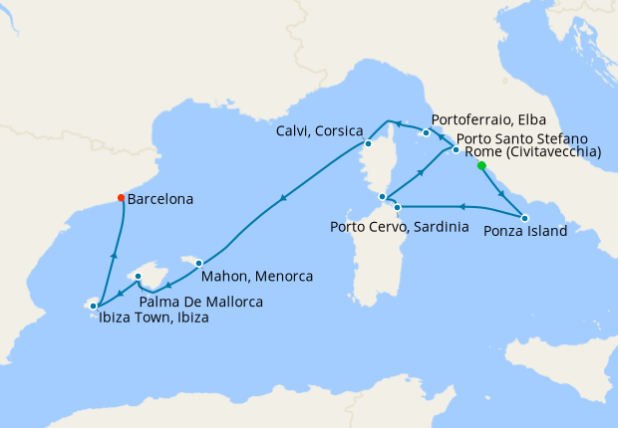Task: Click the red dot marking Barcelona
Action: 122,197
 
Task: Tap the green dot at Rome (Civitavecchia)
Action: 481,166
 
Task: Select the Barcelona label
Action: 161,199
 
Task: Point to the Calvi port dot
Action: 367,142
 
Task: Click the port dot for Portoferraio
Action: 426,132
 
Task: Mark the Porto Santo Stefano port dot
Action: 456,150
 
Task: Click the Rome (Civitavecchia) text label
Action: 533,152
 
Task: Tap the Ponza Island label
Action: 525,231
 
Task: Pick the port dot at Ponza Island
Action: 525,217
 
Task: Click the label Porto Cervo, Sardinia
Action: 399,227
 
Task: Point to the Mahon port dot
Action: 199,263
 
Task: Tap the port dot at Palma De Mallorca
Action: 139,277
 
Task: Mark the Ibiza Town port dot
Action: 94,306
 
